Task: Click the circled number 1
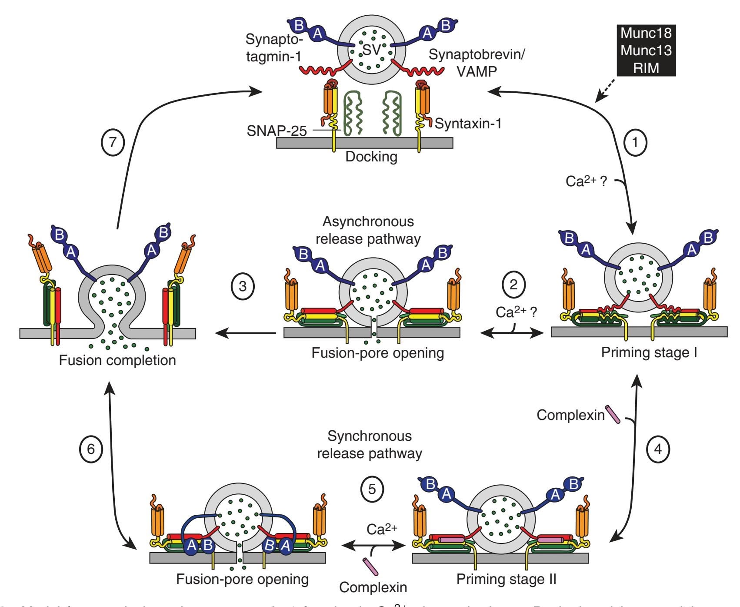click(635, 142)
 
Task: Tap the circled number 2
click(513, 285)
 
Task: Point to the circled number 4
click(657, 449)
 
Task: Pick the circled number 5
click(372, 489)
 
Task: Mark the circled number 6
click(91, 449)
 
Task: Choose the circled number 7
click(113, 142)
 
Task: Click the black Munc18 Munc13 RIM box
click(646, 50)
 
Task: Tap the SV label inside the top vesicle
click(372, 50)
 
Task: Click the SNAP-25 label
click(277, 131)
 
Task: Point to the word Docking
click(371, 157)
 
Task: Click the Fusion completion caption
click(117, 360)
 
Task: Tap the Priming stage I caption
click(649, 352)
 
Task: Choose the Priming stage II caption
click(506, 579)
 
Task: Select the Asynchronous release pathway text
click(368, 230)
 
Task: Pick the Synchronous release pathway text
click(370, 445)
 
